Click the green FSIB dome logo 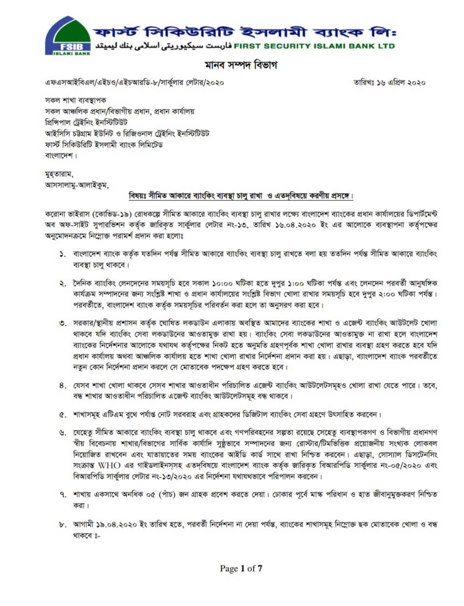(67, 37)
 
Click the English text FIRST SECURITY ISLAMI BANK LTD (314, 46)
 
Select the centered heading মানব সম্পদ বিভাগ (240, 65)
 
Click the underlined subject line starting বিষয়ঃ (241, 196)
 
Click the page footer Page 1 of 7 (241, 568)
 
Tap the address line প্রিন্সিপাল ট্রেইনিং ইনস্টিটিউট (86, 122)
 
